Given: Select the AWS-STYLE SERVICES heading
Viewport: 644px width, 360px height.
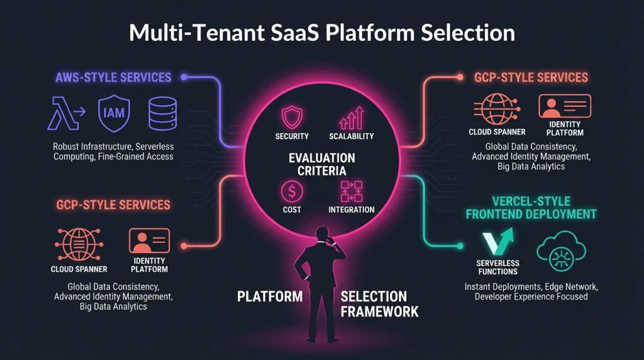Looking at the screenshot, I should pos(113,77).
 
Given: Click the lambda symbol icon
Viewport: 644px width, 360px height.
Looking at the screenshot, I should pos(64,114).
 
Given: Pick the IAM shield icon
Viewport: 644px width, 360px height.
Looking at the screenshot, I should pos(114,114).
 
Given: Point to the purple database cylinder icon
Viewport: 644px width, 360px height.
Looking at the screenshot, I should pos(162,114).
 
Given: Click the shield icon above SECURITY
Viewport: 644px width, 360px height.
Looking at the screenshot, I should pos(292,117).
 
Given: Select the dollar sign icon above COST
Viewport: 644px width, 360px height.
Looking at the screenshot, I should pos(292,190).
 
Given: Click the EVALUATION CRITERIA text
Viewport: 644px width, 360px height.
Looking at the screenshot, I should pos(322,164).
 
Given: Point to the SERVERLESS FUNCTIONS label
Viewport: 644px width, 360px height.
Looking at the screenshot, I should pos(497,267).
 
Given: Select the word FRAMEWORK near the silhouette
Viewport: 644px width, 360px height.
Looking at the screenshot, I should pos(380,311).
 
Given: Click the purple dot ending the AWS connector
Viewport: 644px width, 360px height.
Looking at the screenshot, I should pos(184,77).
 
